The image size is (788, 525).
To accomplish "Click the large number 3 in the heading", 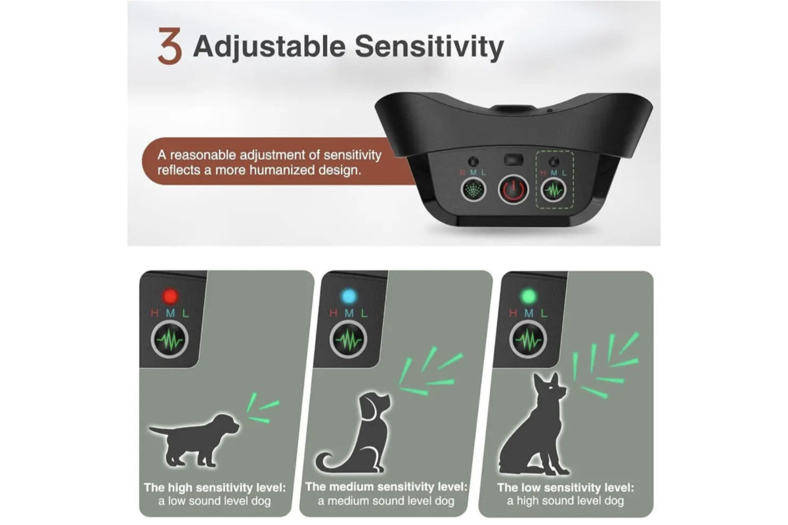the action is tap(170, 46).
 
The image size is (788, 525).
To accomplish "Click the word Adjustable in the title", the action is tap(269, 47).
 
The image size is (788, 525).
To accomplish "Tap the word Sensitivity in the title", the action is tap(429, 47).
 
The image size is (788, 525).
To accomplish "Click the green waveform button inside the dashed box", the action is tap(553, 190).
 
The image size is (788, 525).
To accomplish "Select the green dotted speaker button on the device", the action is tap(473, 190).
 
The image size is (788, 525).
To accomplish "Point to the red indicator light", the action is tap(170, 296).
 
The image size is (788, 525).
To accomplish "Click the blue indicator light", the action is tap(349, 297).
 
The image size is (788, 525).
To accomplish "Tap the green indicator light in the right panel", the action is tap(529, 297).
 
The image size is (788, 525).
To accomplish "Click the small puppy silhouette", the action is tap(194, 440).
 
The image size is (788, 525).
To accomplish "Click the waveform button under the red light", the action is tap(169, 340).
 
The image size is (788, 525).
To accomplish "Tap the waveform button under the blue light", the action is tap(348, 340).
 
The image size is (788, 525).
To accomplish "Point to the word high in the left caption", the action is tap(179, 488).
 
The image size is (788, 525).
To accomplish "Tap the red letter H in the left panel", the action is tap(154, 313).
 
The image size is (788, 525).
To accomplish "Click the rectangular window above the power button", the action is tap(514, 159).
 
